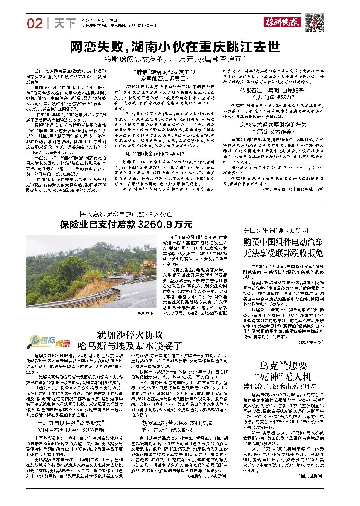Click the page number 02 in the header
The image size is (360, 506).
35,24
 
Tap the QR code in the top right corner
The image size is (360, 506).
315,23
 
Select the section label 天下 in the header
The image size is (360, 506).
65,24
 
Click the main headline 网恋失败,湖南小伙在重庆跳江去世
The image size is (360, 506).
175,47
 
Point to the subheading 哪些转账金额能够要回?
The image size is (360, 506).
152,154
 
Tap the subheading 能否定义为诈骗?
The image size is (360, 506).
273,131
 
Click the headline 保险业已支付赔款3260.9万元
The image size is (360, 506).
126,224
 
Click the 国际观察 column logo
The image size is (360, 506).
50,342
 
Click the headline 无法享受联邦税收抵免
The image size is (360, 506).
283,253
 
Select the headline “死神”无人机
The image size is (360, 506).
283,376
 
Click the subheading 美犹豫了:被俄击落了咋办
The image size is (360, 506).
280,386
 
